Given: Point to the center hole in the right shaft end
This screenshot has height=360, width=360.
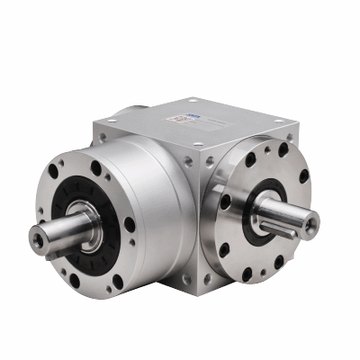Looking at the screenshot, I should click(x=309, y=229).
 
